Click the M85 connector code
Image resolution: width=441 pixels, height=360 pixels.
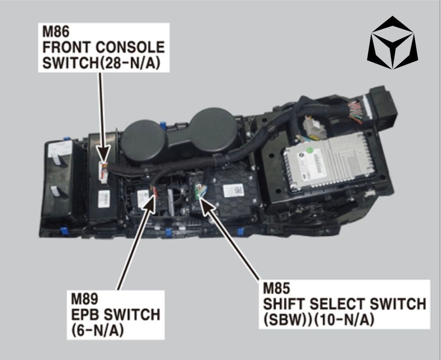tap(276, 288)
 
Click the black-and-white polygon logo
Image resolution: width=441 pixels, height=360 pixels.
tap(392, 43)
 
